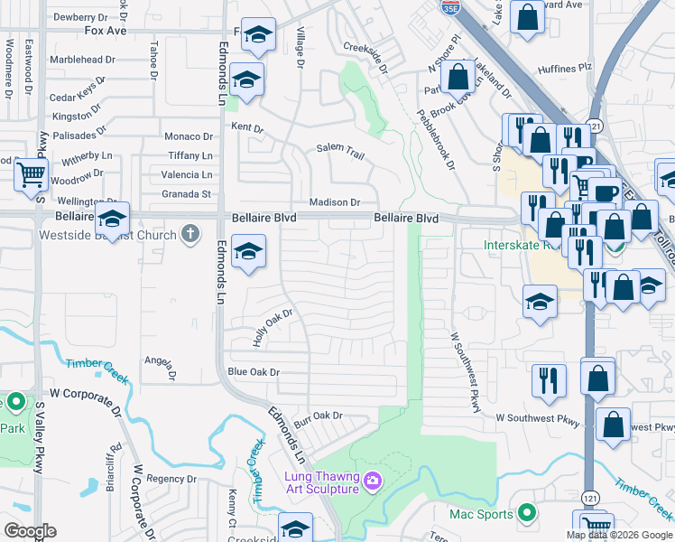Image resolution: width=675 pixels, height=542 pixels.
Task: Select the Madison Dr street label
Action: [x=335, y=202]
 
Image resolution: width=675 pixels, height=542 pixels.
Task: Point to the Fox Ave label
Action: [x=106, y=30]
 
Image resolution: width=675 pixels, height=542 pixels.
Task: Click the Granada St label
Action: [x=187, y=193]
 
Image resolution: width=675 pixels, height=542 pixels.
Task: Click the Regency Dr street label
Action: [x=171, y=479]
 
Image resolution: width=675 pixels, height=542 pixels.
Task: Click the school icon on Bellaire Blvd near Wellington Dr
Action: [x=113, y=220]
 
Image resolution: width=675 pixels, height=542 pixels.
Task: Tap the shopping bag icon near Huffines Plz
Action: [x=458, y=76]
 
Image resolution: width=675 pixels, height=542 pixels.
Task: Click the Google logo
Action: [x=30, y=531]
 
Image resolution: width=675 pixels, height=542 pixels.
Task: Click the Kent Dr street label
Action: [x=246, y=127]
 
